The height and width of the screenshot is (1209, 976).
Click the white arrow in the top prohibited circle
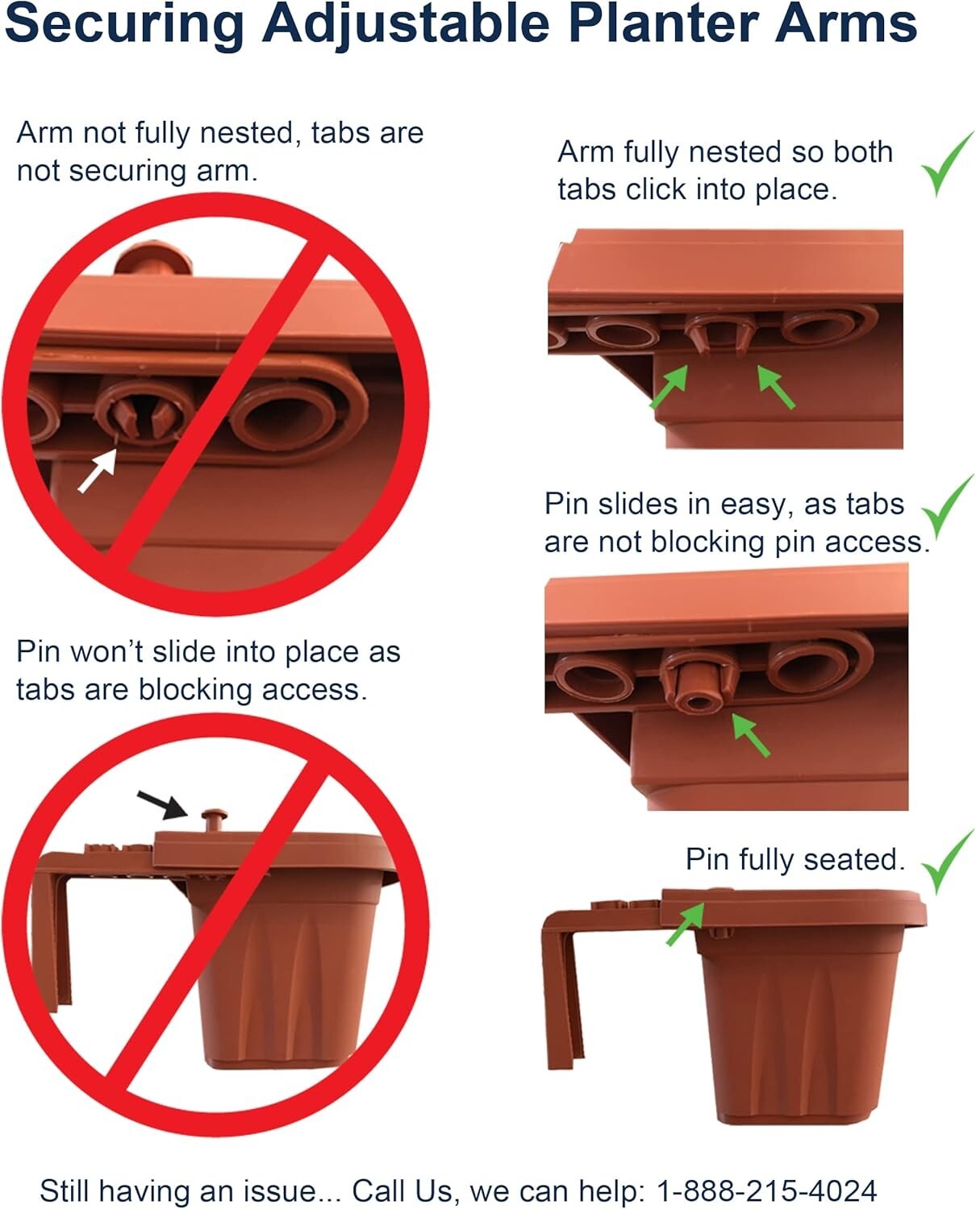click(97, 470)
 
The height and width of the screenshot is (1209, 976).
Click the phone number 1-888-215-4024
click(766, 1190)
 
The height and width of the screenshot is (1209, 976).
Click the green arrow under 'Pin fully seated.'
click(685, 924)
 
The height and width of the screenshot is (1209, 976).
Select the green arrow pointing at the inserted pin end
click(750, 736)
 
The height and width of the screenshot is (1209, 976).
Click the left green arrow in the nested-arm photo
click(669, 386)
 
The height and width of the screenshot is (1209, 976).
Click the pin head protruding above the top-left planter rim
click(151, 259)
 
